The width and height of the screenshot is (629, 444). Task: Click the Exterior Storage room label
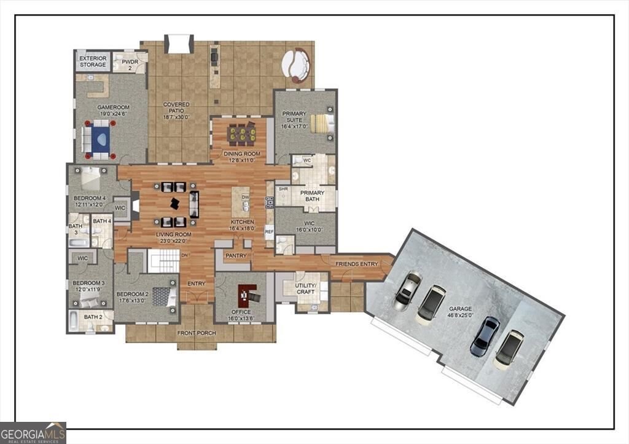[93, 61]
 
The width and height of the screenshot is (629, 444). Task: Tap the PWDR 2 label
[130, 65]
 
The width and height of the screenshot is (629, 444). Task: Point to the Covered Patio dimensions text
[176, 117]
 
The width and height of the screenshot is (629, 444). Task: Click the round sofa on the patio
[296, 65]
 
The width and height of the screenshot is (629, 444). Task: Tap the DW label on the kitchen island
[246, 197]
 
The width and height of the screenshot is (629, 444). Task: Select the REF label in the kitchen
[269, 232]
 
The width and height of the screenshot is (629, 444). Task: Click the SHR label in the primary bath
[283, 189]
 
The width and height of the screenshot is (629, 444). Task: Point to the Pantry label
[236, 256]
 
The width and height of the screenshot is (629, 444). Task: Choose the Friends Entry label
[357, 264]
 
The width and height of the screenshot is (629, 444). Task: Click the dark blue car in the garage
[485, 336]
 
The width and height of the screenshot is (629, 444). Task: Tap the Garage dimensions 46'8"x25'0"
[461, 315]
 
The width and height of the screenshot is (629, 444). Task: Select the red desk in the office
[246, 293]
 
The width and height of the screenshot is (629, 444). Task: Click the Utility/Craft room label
[306, 288]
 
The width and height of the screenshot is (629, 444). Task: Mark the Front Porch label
[197, 333]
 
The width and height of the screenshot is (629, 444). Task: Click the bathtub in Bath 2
[74, 321]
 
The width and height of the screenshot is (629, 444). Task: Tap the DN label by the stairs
[184, 255]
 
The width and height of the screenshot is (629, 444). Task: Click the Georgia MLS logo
[33, 433]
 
